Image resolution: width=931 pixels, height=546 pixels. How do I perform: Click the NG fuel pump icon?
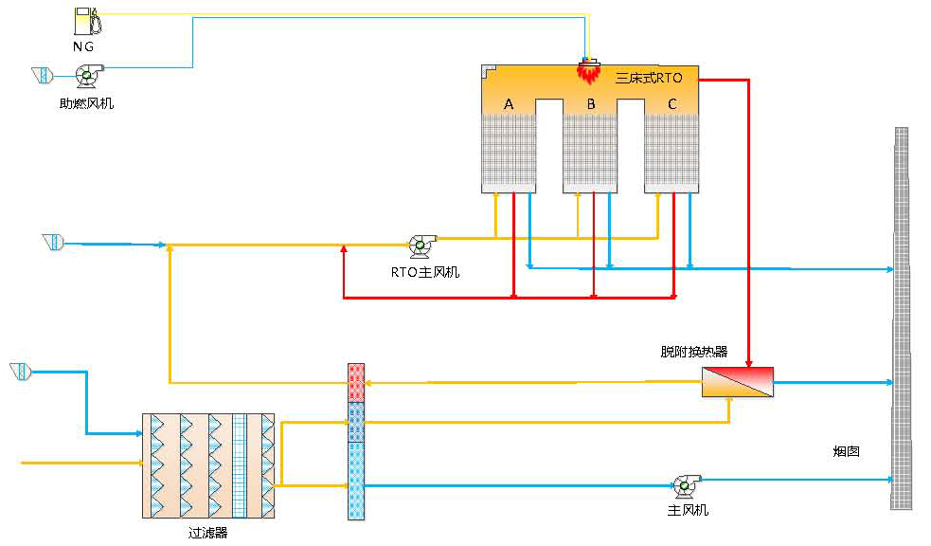click(85, 22)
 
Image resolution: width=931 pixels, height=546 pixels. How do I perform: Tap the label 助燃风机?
click(86, 103)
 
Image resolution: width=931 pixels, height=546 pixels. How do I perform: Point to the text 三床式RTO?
click(649, 79)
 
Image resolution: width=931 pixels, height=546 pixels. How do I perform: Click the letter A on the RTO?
click(509, 103)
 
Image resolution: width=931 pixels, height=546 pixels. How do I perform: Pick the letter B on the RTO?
click(590, 103)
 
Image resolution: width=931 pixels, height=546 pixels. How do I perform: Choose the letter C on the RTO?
click(672, 103)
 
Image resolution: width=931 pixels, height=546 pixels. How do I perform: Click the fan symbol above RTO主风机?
click(421, 246)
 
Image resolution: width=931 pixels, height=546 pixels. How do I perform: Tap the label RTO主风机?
click(425, 272)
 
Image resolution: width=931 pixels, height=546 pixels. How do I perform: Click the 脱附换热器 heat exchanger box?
click(737, 382)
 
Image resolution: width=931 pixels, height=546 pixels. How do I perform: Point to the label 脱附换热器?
click(694, 352)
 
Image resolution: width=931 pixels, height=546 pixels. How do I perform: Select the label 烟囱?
click(846, 452)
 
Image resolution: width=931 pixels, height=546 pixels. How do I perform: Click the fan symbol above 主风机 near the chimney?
click(682, 484)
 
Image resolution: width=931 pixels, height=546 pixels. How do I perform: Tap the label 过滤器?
click(208, 533)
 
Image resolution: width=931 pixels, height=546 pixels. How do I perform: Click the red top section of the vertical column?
click(356, 383)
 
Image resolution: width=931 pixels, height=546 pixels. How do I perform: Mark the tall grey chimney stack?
click(901, 318)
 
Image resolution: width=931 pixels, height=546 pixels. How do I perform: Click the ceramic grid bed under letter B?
click(590, 150)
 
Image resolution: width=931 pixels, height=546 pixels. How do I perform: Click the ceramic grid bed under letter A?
click(509, 150)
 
